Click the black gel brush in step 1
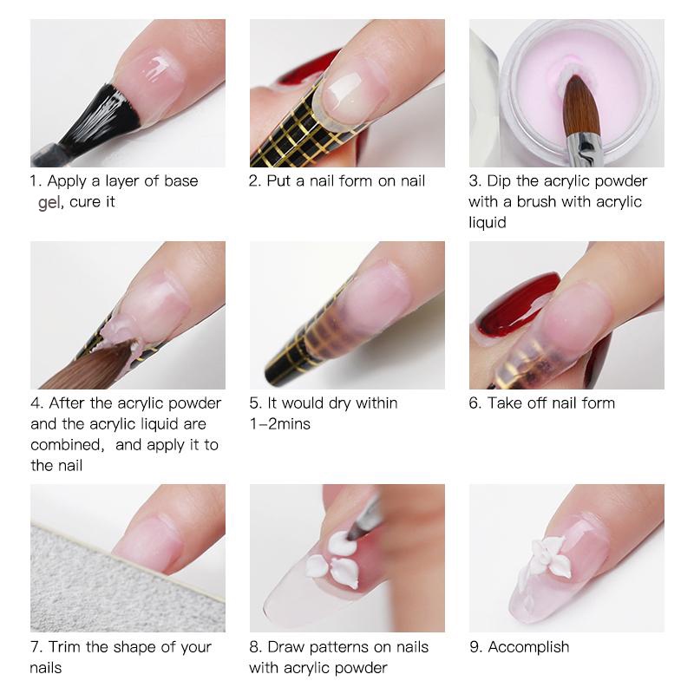coord(97,117)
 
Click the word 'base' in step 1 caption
coord(181,181)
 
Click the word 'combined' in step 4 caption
coord(68,445)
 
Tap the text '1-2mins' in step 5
coord(279,424)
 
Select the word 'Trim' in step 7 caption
coord(65,647)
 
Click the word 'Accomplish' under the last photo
coord(528,647)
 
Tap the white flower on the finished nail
coord(549,557)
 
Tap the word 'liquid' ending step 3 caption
coord(488,222)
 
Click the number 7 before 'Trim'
coord(36,647)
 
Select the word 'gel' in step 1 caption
coord(49,203)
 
